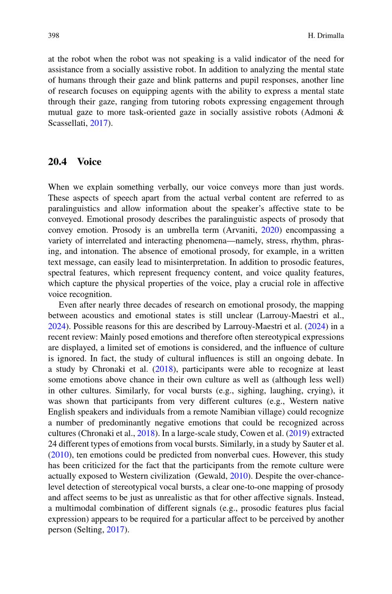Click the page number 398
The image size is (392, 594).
53,36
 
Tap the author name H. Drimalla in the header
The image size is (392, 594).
326,36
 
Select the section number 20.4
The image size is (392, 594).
58,162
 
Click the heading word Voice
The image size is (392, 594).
89,162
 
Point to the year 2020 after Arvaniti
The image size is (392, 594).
269,230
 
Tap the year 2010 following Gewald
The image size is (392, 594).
238,476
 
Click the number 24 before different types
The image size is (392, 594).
52,444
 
